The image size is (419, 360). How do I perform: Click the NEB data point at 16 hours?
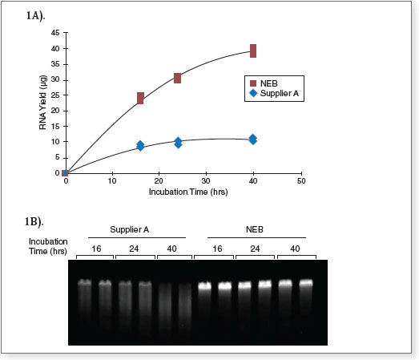pyautogui.click(x=140, y=98)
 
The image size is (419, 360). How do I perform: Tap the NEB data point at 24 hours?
pyautogui.click(x=177, y=78)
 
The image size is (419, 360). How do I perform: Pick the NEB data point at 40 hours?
pyautogui.click(x=253, y=51)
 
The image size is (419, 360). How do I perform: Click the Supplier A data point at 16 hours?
pyautogui.click(x=140, y=145)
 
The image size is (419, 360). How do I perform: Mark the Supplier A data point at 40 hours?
pyautogui.click(x=253, y=139)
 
